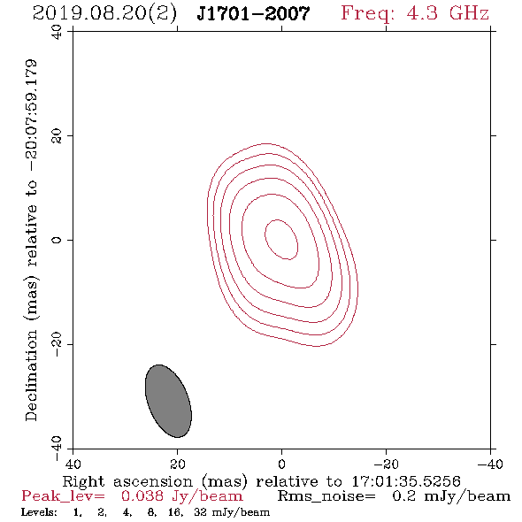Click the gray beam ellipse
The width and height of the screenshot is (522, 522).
click(168, 401)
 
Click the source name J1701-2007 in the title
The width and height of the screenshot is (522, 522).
click(253, 14)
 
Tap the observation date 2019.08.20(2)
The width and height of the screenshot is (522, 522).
click(104, 14)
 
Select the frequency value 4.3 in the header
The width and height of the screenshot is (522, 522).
click(422, 13)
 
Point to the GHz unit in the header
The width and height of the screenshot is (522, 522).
click(469, 13)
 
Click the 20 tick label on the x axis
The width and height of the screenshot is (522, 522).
click(178, 464)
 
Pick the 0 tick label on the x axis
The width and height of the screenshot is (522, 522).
click(282, 464)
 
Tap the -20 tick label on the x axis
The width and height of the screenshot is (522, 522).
click(386, 464)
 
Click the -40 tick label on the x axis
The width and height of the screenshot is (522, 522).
click(490, 464)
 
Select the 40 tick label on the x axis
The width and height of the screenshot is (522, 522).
click(73, 464)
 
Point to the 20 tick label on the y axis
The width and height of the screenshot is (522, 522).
click(57, 136)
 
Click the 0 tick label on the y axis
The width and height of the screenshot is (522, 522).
click(57, 240)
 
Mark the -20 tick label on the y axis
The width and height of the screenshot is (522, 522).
click(57, 344)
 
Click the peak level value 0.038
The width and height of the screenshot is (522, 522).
click(142, 496)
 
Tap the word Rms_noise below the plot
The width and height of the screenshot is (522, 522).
click(326, 496)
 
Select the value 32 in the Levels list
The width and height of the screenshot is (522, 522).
click(200, 511)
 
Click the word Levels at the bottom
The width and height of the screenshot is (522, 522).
click(39, 511)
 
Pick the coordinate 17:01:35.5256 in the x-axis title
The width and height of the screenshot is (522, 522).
click(406, 481)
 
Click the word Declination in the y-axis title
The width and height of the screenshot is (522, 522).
click(31, 375)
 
